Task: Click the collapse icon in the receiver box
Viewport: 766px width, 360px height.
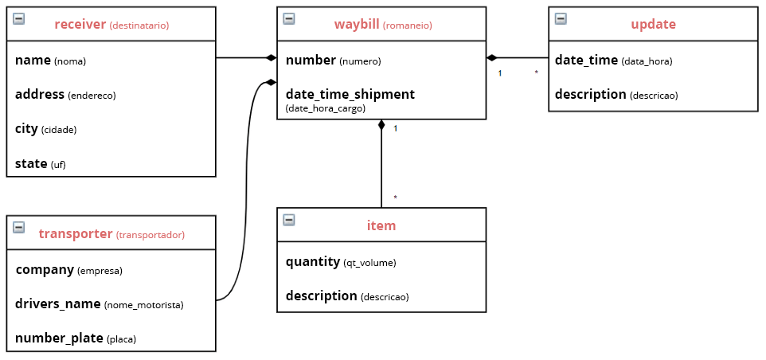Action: coord(18,18)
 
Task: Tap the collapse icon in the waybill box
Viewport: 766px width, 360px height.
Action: coord(289,18)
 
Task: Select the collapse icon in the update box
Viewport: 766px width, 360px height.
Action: coord(561,18)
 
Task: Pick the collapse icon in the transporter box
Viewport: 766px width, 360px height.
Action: coord(18,227)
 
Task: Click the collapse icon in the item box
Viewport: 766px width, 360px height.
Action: coord(289,220)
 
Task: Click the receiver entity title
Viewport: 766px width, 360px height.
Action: coord(111,25)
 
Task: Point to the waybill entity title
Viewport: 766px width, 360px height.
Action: coord(383,25)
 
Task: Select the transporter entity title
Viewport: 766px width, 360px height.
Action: coord(111,234)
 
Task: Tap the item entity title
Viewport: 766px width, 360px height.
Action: coord(381,225)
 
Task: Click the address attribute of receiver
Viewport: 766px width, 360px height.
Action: coord(65,95)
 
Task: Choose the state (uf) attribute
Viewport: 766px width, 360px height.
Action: coord(40,164)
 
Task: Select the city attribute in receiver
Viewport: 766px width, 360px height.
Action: coord(46,130)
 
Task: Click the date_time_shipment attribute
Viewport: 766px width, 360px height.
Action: coord(350,100)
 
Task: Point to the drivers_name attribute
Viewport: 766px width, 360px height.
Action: coord(100,304)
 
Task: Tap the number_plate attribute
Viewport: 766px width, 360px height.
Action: coord(75,338)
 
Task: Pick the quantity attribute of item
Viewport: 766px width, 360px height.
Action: coord(341,262)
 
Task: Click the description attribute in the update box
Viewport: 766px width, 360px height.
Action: coord(616,95)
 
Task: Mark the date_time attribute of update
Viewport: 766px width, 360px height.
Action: coord(614,61)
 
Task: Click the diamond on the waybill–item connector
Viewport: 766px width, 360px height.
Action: coord(381,124)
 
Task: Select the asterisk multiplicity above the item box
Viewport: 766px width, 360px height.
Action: coord(395,198)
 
